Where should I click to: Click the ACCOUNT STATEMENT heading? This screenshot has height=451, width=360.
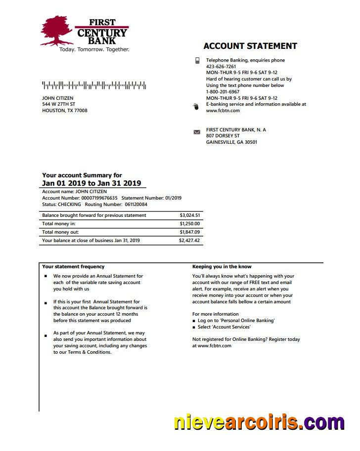pos(250,46)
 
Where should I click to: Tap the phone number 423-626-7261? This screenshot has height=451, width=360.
pos(221,66)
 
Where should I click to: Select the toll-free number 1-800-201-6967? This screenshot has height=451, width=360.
pos(223,92)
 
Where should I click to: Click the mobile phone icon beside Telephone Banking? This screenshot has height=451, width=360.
pos(197,60)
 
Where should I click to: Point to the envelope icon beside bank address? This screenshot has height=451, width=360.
pos(197,132)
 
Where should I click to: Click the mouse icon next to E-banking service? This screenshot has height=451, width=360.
pos(196,106)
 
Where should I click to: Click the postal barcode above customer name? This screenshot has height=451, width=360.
pos(94,85)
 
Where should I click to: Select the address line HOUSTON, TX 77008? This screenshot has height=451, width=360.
pos(65,111)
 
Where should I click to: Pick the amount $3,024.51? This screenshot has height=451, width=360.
pos(190,215)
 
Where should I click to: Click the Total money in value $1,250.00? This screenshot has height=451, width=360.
pos(190,224)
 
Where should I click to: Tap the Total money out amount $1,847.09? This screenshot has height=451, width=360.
pos(190,232)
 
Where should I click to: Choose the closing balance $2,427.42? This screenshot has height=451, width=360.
pos(189,241)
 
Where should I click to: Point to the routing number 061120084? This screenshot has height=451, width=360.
pos(136,205)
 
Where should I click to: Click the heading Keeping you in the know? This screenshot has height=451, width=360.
pos(222,267)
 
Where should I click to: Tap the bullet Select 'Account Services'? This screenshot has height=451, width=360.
pos(224,327)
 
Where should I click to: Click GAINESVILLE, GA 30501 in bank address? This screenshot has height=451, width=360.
pos(231,142)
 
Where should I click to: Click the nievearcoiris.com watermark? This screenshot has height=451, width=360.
pos(259,423)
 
